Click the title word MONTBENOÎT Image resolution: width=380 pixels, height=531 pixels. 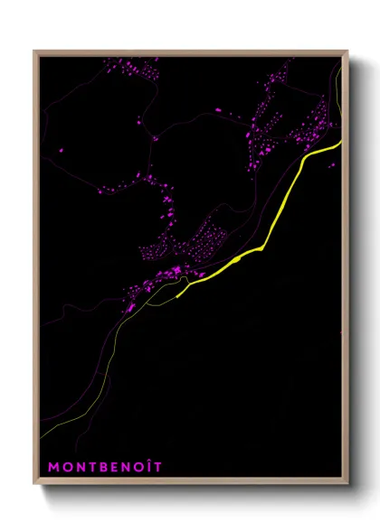coord(104,467)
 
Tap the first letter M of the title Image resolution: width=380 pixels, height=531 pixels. coord(53,467)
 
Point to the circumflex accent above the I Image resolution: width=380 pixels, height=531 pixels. coord(147,461)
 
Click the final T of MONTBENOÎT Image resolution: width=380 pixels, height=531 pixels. coord(157,467)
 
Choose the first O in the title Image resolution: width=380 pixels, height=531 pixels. coord(66,467)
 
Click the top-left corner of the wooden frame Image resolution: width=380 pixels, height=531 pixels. coord(35,51)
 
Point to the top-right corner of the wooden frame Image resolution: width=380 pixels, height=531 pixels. coord(347,51)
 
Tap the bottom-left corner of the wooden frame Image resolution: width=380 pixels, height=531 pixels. coord(35,485)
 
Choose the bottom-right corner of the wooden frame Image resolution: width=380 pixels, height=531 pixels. coord(347,485)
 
